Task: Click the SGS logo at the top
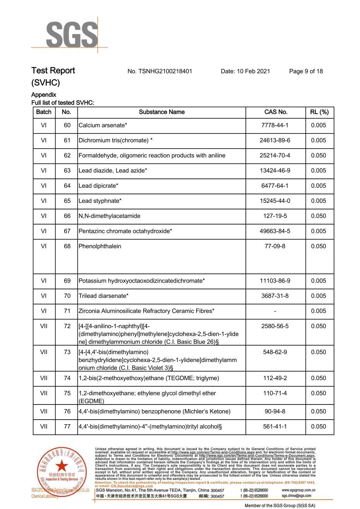click(72, 35)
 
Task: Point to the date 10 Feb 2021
click(253, 71)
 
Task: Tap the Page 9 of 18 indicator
click(306, 71)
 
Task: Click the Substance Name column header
click(161, 112)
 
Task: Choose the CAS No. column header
click(276, 112)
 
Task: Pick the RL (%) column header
click(319, 112)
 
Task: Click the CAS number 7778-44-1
click(275, 125)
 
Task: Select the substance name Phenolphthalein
click(100, 246)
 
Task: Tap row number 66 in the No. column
click(67, 216)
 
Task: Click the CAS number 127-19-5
click(275, 216)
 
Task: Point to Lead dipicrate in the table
click(98, 186)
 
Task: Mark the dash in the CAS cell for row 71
click(275, 311)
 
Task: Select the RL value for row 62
click(319, 156)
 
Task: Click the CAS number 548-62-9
click(275, 352)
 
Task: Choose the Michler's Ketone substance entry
click(154, 411)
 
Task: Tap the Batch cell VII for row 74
click(44, 378)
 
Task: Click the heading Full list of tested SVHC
click(63, 103)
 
